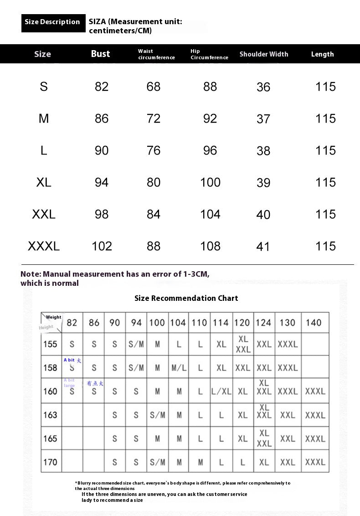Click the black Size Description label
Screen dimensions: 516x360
(52, 22)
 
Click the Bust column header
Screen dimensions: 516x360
(100, 54)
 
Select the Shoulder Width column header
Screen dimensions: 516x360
(264, 54)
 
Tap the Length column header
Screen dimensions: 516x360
(322, 54)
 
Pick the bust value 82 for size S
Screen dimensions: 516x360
(102, 87)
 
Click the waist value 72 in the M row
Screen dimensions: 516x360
(154, 119)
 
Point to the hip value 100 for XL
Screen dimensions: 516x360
(210, 182)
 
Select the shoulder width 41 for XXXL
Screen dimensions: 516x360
(263, 247)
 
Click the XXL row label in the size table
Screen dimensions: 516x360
(44, 214)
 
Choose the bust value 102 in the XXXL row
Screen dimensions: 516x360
(102, 246)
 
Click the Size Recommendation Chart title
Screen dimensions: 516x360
(186, 298)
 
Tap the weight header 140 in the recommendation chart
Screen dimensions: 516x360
(314, 323)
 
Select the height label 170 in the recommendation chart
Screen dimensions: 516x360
(50, 462)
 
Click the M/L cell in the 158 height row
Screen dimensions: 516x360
(179, 367)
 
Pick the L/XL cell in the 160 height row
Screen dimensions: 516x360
(221, 391)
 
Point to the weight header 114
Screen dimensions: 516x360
(221, 323)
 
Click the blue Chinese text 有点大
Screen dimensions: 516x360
(95, 383)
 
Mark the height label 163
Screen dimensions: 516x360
(50, 415)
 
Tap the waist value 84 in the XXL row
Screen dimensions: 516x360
(154, 214)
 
